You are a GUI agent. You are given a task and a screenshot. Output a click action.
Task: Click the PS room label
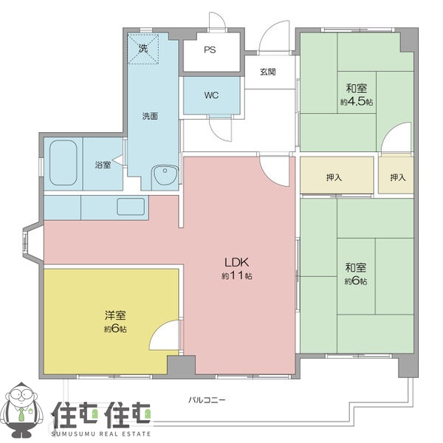point(210,51)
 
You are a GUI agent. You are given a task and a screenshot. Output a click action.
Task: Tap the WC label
point(211,95)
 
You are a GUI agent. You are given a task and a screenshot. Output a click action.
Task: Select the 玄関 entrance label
point(268,72)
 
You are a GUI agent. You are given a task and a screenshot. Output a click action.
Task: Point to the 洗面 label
point(150,116)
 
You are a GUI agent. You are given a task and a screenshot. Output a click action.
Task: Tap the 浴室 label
point(103,165)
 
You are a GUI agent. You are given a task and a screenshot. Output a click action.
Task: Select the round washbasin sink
point(163,177)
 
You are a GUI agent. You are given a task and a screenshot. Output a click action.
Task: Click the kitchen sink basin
point(131,206)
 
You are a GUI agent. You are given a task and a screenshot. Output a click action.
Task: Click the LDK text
point(237,262)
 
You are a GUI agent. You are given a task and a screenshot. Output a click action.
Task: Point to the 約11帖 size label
point(237,276)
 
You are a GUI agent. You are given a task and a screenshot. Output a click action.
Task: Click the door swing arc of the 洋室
point(164,335)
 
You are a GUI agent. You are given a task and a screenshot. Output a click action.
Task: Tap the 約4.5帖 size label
point(357,102)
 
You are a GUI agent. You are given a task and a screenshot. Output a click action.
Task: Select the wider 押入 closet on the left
point(334,177)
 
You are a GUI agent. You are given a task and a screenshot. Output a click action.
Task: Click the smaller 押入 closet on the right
point(397,177)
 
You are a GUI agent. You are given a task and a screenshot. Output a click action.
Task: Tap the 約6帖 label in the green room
point(356,281)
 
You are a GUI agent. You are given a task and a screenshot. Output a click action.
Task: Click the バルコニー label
point(207,399)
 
